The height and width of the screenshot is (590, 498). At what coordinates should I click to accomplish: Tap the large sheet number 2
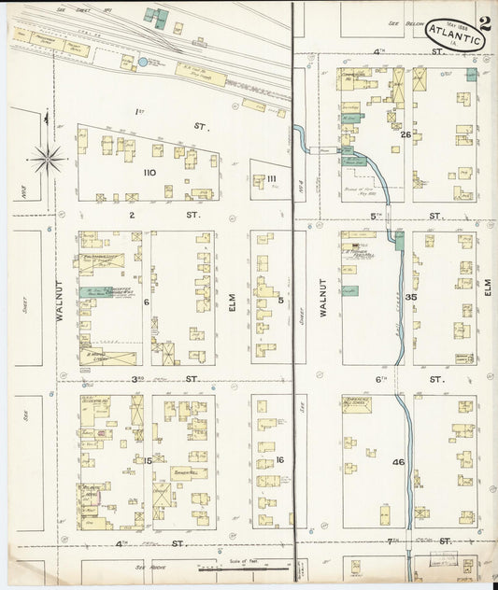[x=485, y=24]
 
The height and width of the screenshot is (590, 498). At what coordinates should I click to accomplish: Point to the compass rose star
[x=48, y=158]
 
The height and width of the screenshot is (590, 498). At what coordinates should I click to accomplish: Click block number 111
[x=271, y=179]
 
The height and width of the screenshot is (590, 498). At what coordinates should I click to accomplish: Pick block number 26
[x=406, y=133]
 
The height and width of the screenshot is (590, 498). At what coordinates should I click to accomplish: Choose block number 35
[x=409, y=296]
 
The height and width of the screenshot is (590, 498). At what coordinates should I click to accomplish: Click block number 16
[x=278, y=459]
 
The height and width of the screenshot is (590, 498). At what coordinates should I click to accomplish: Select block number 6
[x=147, y=301]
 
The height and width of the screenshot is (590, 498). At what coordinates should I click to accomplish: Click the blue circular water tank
[x=142, y=63]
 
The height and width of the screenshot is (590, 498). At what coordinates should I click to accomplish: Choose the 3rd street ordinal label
[x=137, y=378]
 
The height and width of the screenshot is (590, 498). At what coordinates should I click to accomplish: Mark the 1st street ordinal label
[x=140, y=113]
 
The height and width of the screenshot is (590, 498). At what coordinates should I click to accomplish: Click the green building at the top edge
[x=156, y=18]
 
